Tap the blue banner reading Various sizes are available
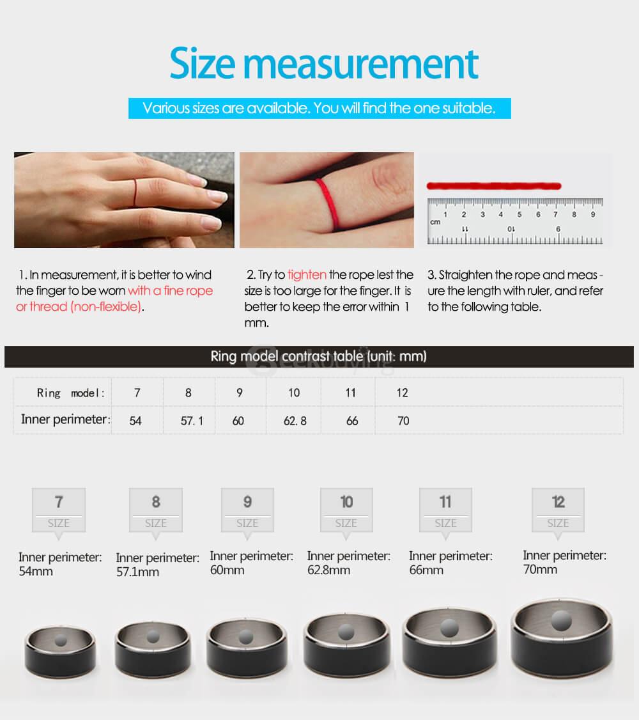pos(319,108)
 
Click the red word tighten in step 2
pos(307,275)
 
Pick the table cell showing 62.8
pos(295,421)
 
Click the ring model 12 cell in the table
pos(402,393)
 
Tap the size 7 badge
pos(58,510)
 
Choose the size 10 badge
pos(346,510)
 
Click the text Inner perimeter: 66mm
pos(450,563)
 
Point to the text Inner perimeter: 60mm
pos(251,563)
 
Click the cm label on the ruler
pos(435,223)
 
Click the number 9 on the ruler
pos(592,215)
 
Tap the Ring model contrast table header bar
pos(319,356)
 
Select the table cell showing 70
pos(403,421)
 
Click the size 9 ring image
pos(246,646)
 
